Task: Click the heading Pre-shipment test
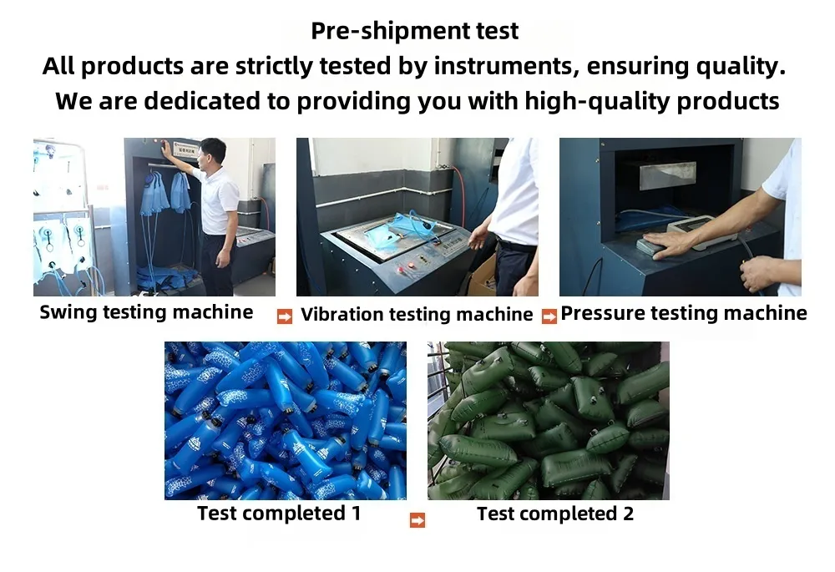(x=414, y=31)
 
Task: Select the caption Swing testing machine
(x=146, y=312)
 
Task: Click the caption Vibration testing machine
(x=417, y=314)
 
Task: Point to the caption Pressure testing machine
(x=684, y=313)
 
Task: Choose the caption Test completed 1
(x=279, y=514)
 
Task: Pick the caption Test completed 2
(x=555, y=514)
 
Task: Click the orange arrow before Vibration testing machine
(x=285, y=316)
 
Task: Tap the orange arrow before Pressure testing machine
(x=549, y=316)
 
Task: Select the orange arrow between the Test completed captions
(x=417, y=519)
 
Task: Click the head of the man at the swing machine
(x=212, y=154)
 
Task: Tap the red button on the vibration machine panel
(x=411, y=265)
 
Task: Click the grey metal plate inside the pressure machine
(x=668, y=175)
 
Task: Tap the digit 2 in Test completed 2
(x=629, y=514)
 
